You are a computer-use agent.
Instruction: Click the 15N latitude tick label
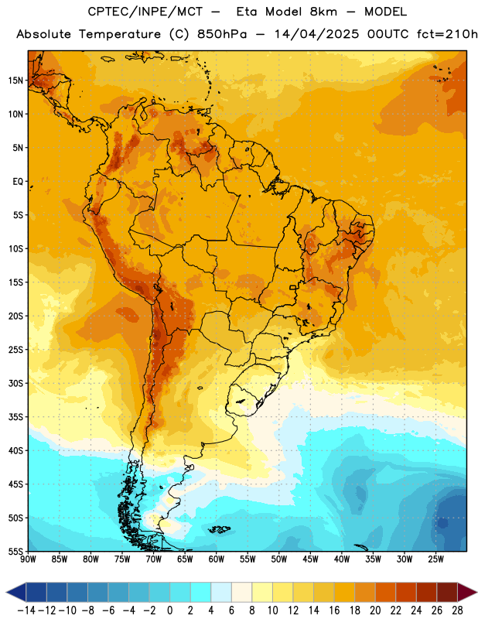[15, 80]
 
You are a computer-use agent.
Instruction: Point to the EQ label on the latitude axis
[18, 182]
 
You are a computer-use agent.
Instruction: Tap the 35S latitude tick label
[15, 417]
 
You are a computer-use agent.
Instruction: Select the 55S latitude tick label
[15, 551]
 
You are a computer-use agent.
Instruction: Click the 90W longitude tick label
[28, 559]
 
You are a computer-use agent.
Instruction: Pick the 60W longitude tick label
[217, 559]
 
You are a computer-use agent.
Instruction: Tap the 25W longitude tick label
[435, 559]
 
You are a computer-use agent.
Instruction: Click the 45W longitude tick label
[310, 559]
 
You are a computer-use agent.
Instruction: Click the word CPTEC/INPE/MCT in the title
[145, 12]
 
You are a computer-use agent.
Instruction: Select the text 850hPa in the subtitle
[222, 34]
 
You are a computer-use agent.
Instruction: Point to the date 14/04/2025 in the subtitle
[316, 34]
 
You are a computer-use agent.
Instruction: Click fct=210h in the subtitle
[447, 34]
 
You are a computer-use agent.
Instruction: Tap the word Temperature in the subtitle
[120, 34]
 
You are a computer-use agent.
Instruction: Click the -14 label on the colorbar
[26, 610]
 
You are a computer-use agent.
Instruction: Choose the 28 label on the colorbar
[457, 610]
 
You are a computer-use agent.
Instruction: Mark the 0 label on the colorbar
[169, 610]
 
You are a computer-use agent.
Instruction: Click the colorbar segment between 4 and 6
[221, 592]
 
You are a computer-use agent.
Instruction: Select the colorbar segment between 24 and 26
[426, 592]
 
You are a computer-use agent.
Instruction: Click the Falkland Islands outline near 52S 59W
[219, 529]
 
